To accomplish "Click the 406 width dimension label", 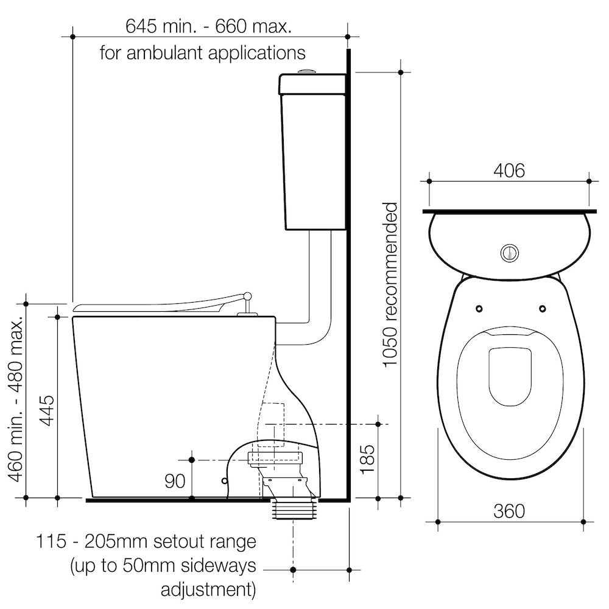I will [509, 171].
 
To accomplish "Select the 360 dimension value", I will [509, 510].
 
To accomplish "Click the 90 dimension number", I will [175, 482].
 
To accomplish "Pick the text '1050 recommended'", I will [390, 285].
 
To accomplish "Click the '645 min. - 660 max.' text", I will [208, 26].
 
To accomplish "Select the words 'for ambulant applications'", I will [203, 53].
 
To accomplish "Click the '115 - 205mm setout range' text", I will [146, 541].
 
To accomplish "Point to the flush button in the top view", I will [509, 252].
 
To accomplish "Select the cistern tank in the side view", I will [312, 152].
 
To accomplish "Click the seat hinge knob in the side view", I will [247, 297].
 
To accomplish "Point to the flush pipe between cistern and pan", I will [320, 286].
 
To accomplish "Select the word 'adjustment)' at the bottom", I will [208, 590].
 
